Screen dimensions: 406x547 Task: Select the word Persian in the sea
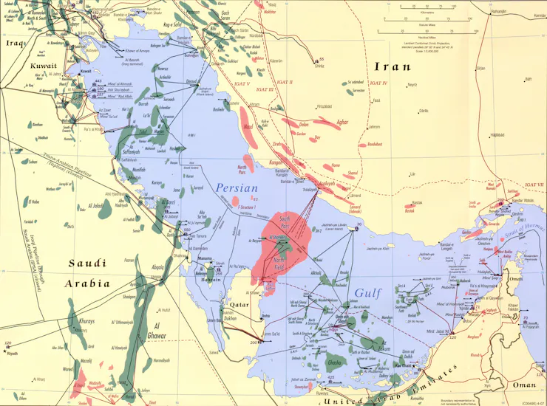(x=237, y=188)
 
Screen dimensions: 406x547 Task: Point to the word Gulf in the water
(x=367, y=293)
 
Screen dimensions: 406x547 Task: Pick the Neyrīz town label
(x=412, y=85)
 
